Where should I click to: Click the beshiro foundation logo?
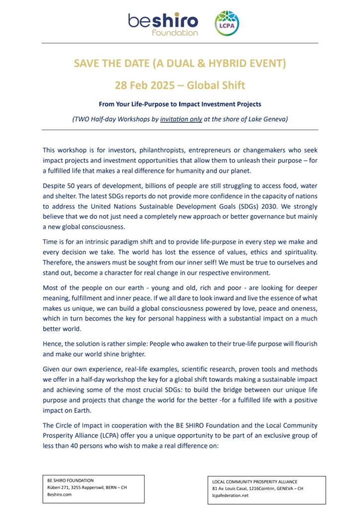tap(163, 23)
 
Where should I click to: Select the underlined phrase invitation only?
tap(181, 119)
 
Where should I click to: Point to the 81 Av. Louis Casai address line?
tap(257, 489)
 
